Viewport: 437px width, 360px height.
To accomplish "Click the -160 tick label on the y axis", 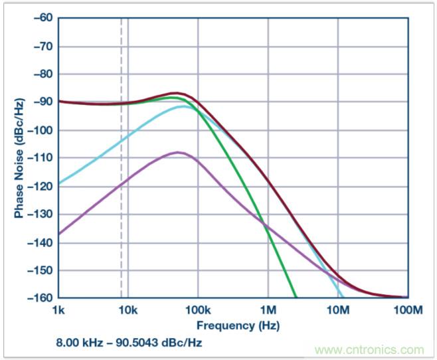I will [x=39, y=298].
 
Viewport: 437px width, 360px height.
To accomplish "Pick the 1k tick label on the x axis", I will [x=58, y=311].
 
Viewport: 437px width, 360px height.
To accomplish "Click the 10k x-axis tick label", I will [x=128, y=311].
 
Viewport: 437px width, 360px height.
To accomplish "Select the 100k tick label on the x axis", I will [x=197, y=311].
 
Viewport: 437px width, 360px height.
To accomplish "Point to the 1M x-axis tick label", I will [x=268, y=311].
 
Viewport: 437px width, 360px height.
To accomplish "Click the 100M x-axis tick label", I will [x=407, y=311].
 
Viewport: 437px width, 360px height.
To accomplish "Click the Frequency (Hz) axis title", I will [x=237, y=325].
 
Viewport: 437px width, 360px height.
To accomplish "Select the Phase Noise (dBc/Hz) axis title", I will [x=18, y=158].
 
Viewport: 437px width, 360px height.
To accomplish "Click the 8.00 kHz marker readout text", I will [x=130, y=343].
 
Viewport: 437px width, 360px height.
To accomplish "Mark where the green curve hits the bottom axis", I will [x=296, y=297].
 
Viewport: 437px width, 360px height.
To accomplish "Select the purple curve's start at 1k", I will [x=58, y=234].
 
